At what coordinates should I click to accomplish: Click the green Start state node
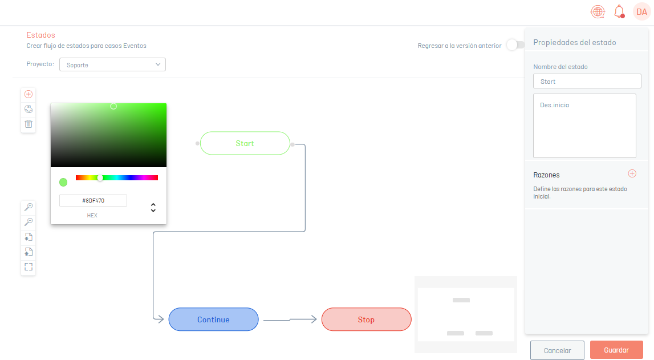(245, 143)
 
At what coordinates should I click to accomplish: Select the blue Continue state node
(214, 319)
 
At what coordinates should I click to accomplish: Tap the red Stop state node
(366, 319)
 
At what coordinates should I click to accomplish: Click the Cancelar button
(557, 350)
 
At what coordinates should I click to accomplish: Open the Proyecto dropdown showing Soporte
(113, 64)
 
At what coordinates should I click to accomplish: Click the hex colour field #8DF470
(93, 201)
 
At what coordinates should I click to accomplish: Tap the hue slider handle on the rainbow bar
(100, 177)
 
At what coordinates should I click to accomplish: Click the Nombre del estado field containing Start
(587, 82)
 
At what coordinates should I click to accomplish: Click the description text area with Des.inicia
(584, 126)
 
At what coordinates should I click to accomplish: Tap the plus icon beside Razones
(632, 173)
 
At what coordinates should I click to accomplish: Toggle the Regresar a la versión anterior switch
(515, 45)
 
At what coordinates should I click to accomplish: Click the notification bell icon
(619, 11)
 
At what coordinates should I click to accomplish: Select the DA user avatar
(642, 11)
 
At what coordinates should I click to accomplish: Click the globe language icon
(598, 11)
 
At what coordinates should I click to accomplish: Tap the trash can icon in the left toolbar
(29, 124)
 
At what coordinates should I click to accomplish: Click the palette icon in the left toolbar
(29, 110)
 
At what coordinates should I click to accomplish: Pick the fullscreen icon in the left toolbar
(29, 266)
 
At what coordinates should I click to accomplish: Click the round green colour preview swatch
(63, 183)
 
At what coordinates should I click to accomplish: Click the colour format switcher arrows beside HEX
(153, 208)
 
